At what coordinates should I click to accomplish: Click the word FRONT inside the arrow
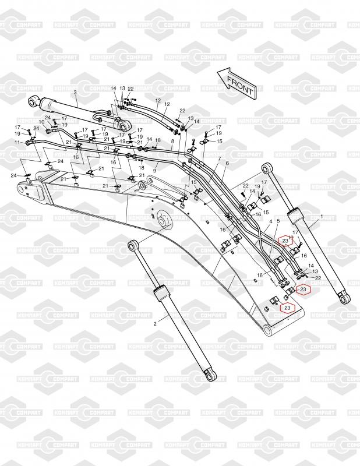(x=239, y=85)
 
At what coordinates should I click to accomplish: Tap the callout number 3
(x=75, y=92)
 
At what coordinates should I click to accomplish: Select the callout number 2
(x=155, y=323)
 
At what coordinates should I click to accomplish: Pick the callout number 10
(x=41, y=122)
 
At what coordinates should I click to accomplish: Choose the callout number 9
(x=154, y=170)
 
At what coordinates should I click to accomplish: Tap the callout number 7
(x=218, y=158)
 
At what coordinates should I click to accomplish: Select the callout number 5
(x=278, y=221)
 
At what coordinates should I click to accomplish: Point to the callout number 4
(x=271, y=221)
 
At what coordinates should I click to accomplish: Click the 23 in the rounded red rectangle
(x=284, y=240)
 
